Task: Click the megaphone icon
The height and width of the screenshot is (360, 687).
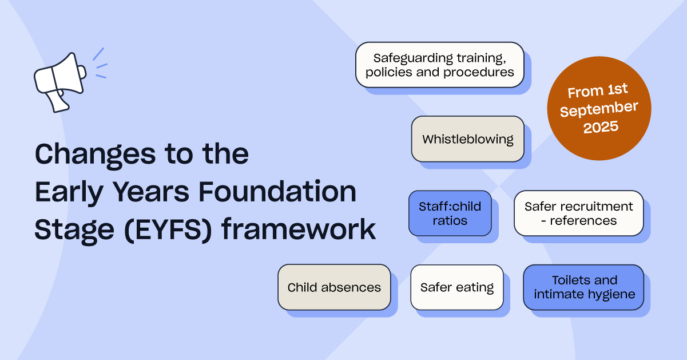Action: [60, 83]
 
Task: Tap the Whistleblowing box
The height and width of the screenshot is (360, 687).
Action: [467, 139]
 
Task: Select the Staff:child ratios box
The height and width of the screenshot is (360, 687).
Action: [450, 213]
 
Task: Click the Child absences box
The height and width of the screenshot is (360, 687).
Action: [334, 287]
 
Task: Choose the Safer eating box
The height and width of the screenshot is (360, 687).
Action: [456, 287]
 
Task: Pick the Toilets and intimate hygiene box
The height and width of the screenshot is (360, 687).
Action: [583, 287]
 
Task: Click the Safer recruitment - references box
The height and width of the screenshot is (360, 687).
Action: [578, 213]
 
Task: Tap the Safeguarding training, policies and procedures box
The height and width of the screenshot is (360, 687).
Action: [439, 65]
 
